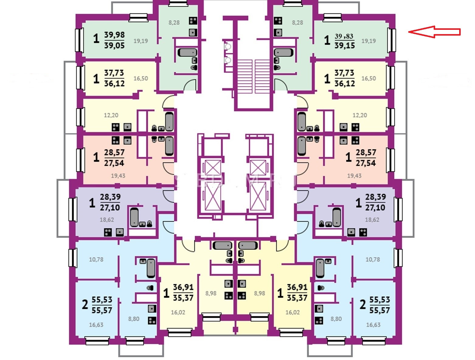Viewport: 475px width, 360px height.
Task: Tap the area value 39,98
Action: coord(114,35)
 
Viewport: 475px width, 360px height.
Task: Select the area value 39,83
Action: coord(344,36)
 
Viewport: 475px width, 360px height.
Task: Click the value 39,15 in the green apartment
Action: coord(345,45)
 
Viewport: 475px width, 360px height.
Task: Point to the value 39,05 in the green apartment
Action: coord(114,45)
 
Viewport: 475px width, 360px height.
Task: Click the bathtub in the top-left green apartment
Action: coord(187,53)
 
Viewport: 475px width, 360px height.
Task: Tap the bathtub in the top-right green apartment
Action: coord(283,53)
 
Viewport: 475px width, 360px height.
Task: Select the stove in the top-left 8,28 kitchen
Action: coord(193,21)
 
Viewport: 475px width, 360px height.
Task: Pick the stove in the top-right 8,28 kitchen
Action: coord(278,21)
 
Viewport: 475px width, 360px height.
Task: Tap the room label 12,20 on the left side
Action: coord(111,115)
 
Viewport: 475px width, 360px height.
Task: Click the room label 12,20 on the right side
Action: coord(360,115)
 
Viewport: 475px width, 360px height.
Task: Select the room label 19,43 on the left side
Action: coord(118,176)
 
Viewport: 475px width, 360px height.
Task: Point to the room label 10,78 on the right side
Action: coord(373,260)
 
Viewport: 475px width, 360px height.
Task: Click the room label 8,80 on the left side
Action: coord(134,319)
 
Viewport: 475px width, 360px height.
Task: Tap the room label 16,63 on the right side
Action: coord(373,325)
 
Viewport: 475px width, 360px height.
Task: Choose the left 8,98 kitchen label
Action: coord(211,293)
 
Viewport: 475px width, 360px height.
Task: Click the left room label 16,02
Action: coord(178,312)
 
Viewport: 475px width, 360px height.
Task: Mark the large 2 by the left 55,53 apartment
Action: coord(85,304)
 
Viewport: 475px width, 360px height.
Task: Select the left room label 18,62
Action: coord(107,220)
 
